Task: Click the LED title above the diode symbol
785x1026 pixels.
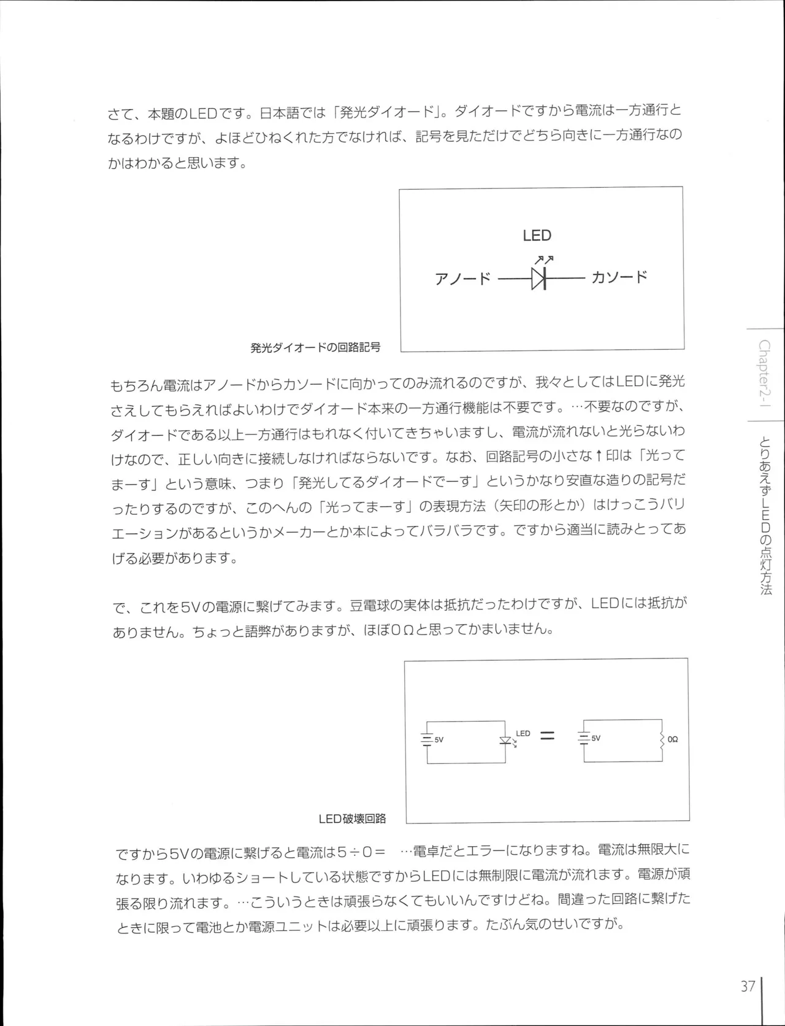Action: (537, 236)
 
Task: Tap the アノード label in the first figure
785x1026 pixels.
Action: (462, 279)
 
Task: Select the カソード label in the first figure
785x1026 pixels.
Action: (619, 277)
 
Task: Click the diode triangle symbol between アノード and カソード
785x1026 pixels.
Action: (538, 279)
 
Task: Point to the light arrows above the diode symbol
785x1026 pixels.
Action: (544, 260)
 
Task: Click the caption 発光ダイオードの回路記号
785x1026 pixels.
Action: (315, 347)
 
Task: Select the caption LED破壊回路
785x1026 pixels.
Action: (352, 819)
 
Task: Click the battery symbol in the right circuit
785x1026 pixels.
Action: (584, 739)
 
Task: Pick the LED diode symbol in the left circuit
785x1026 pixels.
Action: (505, 741)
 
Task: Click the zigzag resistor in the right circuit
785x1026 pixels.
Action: (662, 740)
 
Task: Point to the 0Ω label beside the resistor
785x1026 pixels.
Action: (673, 740)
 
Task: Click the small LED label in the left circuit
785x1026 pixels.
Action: (523, 733)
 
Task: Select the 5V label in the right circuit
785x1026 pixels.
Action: (596, 739)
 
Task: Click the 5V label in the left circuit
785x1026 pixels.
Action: (439, 740)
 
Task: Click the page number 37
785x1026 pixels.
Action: (748, 987)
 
